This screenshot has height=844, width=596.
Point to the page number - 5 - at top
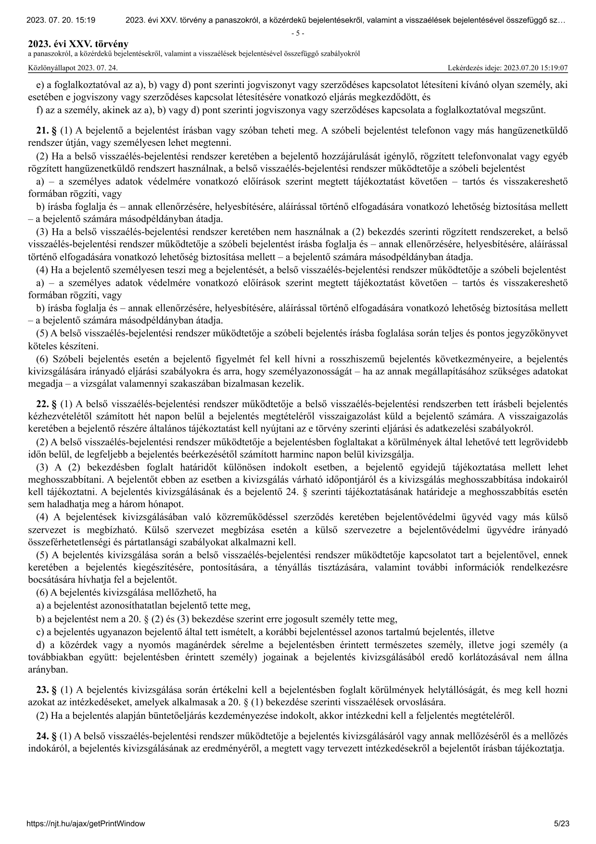pos(298,33)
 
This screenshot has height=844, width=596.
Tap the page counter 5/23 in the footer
pos(561,823)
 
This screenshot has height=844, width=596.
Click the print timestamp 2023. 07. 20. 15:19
pos(61,20)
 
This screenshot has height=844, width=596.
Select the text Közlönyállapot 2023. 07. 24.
pos(73,68)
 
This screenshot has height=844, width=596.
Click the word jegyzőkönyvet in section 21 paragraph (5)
pos(541,333)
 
